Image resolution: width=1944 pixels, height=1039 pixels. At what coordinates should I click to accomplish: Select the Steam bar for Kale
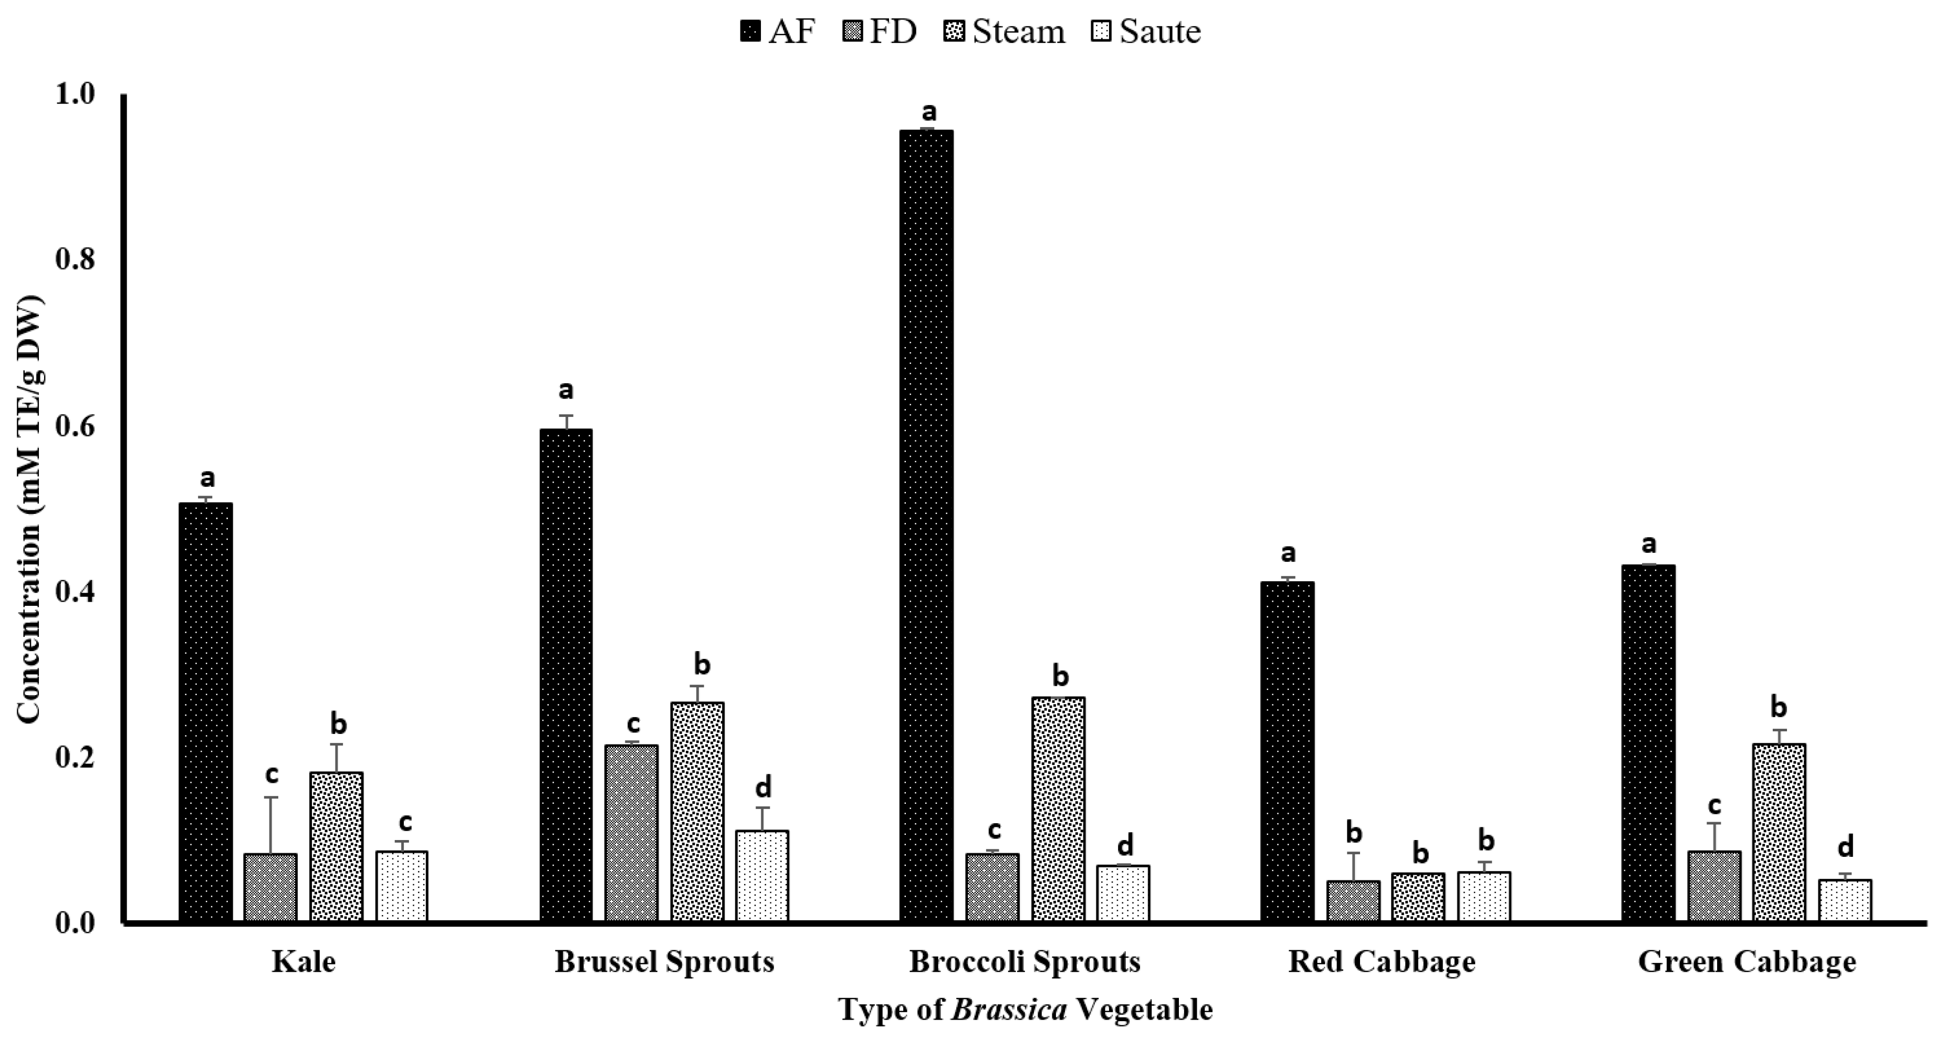(337, 847)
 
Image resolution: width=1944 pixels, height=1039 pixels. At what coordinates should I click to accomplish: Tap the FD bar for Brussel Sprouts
(632, 833)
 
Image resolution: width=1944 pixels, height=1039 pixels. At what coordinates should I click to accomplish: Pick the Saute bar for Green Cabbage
(1845, 900)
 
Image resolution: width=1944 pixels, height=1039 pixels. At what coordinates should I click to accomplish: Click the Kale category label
(304, 962)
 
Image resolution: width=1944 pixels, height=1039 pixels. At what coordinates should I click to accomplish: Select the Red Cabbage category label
(1381, 962)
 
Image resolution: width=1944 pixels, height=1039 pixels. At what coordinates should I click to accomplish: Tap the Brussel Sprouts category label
(664, 962)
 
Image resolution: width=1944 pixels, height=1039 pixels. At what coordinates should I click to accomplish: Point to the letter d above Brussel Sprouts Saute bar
(763, 788)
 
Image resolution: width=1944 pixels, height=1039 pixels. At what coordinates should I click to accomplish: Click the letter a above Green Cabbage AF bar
(1648, 543)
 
